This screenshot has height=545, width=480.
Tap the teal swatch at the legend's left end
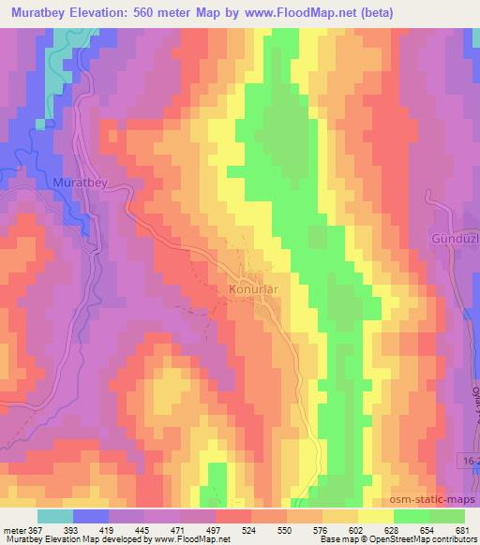point(55,515)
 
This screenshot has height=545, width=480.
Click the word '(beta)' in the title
point(370,11)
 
